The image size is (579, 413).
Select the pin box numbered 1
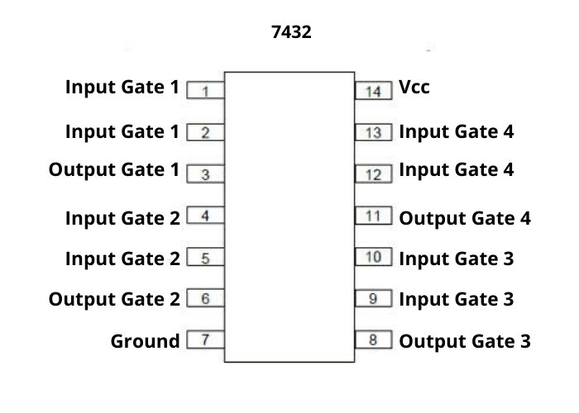click(x=205, y=90)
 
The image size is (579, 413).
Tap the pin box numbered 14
click(x=373, y=90)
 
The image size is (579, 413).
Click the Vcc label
click(x=414, y=87)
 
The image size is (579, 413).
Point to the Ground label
click(x=145, y=341)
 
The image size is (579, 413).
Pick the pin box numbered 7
click(x=205, y=339)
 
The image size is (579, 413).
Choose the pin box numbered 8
click(x=373, y=339)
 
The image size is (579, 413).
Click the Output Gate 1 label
click(x=114, y=170)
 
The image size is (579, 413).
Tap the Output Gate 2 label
click(x=114, y=298)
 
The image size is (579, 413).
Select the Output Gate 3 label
click(x=465, y=341)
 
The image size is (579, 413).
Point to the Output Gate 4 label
click(x=465, y=218)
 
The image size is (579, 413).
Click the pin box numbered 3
click(x=205, y=174)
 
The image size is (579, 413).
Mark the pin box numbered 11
click(x=373, y=216)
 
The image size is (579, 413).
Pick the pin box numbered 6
click(x=205, y=298)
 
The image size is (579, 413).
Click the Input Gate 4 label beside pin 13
click(x=457, y=131)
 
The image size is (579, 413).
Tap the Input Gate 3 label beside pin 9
click(x=457, y=298)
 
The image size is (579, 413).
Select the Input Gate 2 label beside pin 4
click(x=122, y=218)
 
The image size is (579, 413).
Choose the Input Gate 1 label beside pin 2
click(x=122, y=131)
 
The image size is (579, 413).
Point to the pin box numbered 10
click(x=373, y=257)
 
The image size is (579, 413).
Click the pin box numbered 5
click(x=205, y=259)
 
